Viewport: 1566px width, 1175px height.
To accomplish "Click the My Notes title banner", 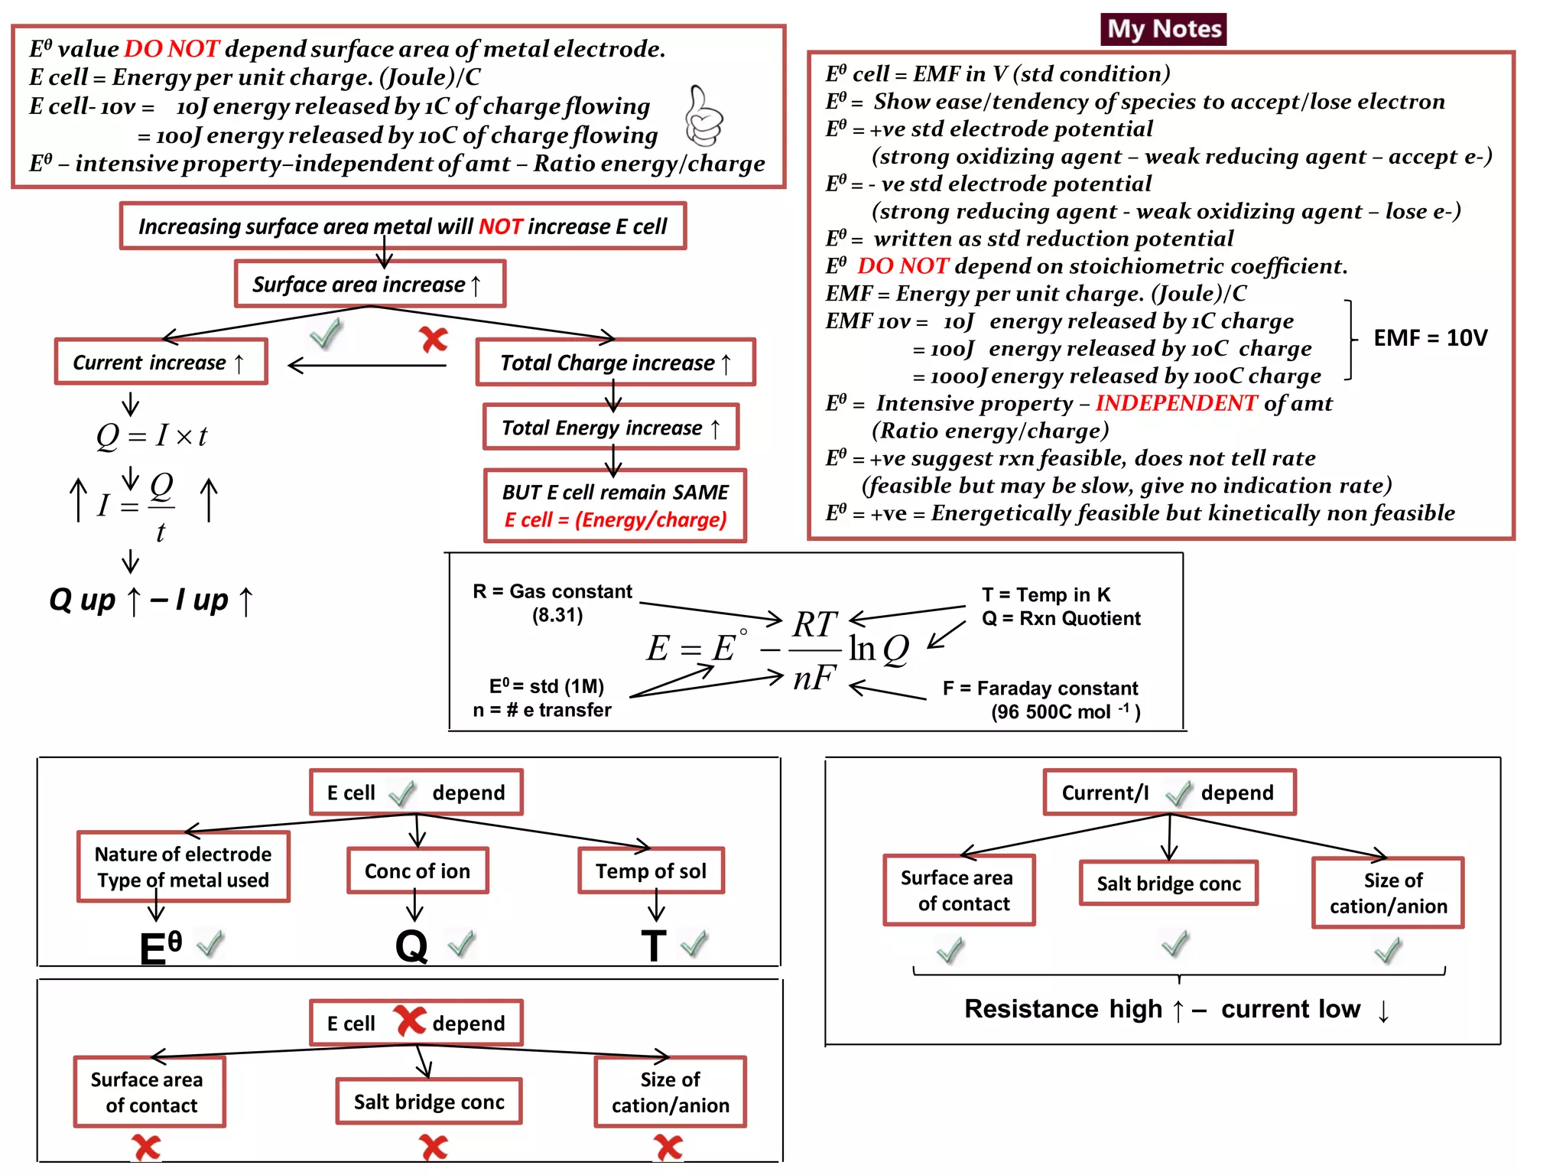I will [1162, 29].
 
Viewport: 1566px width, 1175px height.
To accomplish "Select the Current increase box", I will [161, 362].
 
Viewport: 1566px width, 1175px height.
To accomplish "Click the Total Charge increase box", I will [615, 363].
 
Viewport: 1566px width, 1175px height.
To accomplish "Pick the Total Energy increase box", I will [610, 428].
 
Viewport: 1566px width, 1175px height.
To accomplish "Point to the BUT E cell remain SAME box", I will [615, 506].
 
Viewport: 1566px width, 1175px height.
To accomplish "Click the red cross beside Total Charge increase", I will [434, 339].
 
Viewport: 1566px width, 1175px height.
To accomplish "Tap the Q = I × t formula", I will [151, 436].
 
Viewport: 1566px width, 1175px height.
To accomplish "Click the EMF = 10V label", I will [1430, 338].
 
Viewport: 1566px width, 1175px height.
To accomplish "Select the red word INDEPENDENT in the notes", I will [1175, 403].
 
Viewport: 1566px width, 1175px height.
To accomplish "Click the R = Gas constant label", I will [552, 592].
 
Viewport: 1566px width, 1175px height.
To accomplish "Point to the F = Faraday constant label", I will [1040, 688].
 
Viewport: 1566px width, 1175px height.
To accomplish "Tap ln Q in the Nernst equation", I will [879, 649].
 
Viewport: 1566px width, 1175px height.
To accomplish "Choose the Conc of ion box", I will [417, 871].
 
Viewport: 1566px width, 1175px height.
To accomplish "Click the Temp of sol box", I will [651, 871].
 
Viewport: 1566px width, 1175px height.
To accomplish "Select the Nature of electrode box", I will [183, 867].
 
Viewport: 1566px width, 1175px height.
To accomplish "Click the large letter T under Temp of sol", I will [654, 946].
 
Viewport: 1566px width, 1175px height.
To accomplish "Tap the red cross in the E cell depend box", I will [410, 1020].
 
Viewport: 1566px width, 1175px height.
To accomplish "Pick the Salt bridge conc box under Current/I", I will [1168, 884].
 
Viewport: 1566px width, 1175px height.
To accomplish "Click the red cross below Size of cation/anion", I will [668, 1147].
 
